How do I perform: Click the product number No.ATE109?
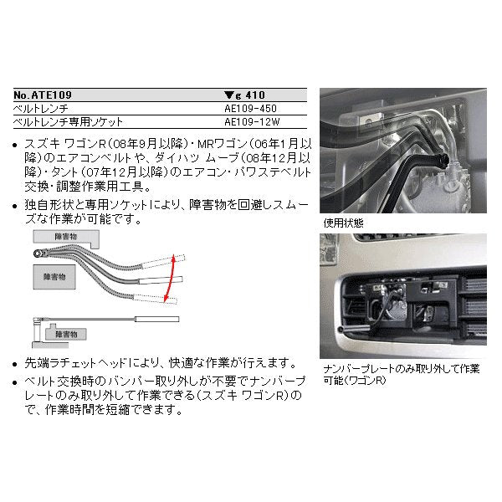49,95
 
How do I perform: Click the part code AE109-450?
250,109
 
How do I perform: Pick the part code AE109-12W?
250,122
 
